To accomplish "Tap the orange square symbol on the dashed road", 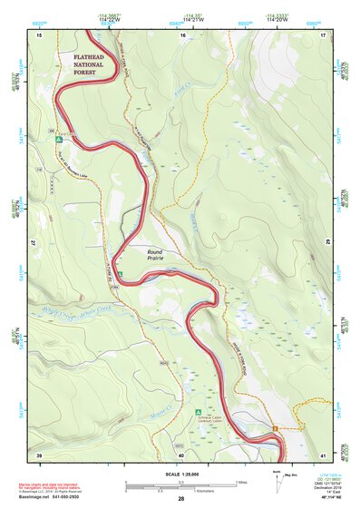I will click(x=275, y=427).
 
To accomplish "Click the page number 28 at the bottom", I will click(x=181, y=499).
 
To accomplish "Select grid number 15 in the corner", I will click(x=39, y=34).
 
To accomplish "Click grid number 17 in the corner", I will click(x=323, y=34).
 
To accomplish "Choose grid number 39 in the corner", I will click(x=39, y=455).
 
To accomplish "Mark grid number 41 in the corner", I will click(x=323, y=455).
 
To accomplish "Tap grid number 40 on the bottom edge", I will click(x=181, y=455).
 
